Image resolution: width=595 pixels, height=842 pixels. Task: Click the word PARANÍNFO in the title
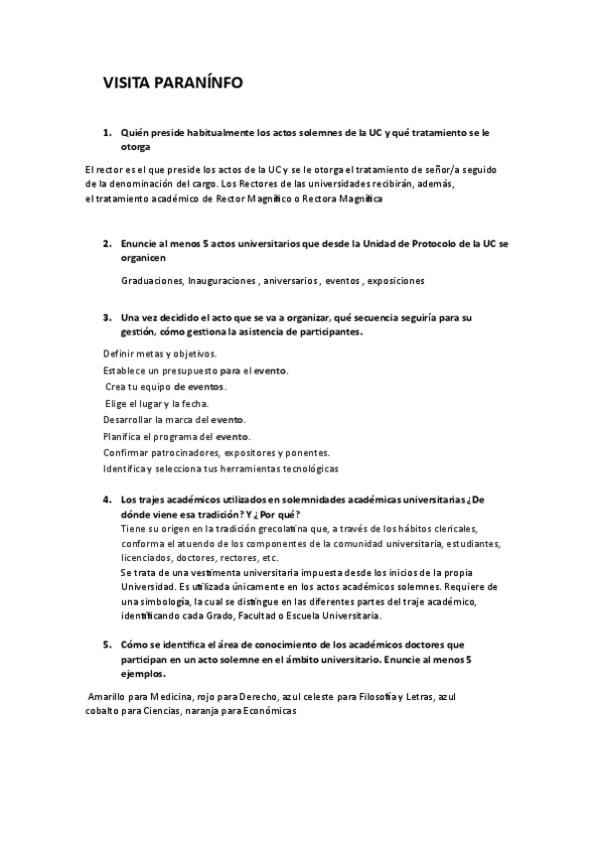(x=198, y=83)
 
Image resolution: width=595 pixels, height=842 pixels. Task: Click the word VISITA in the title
(x=129, y=83)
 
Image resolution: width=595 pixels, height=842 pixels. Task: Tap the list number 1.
(x=106, y=132)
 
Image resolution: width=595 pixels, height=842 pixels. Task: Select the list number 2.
(x=106, y=243)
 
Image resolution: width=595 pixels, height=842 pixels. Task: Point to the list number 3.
(x=106, y=318)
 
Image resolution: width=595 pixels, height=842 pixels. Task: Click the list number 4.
(x=106, y=500)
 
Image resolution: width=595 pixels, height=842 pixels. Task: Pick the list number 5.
(x=106, y=643)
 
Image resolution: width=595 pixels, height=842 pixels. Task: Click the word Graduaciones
(x=152, y=281)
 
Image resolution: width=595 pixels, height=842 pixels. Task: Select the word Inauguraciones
(x=222, y=281)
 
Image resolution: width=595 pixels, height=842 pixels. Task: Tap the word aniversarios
(x=291, y=281)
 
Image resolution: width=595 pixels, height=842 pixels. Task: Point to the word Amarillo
(x=109, y=698)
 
